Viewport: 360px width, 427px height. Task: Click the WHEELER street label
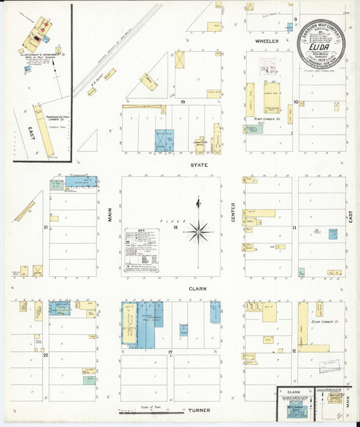click(x=262, y=41)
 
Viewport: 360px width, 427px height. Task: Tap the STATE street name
click(x=199, y=165)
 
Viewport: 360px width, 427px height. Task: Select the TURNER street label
click(x=199, y=410)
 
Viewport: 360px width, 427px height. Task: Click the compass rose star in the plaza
click(x=199, y=231)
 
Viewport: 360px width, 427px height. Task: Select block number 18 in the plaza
click(x=175, y=228)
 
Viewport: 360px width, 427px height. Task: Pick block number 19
click(x=182, y=102)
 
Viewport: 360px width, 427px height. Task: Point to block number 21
click(x=46, y=228)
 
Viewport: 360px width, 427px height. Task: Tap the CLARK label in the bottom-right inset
click(x=294, y=392)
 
